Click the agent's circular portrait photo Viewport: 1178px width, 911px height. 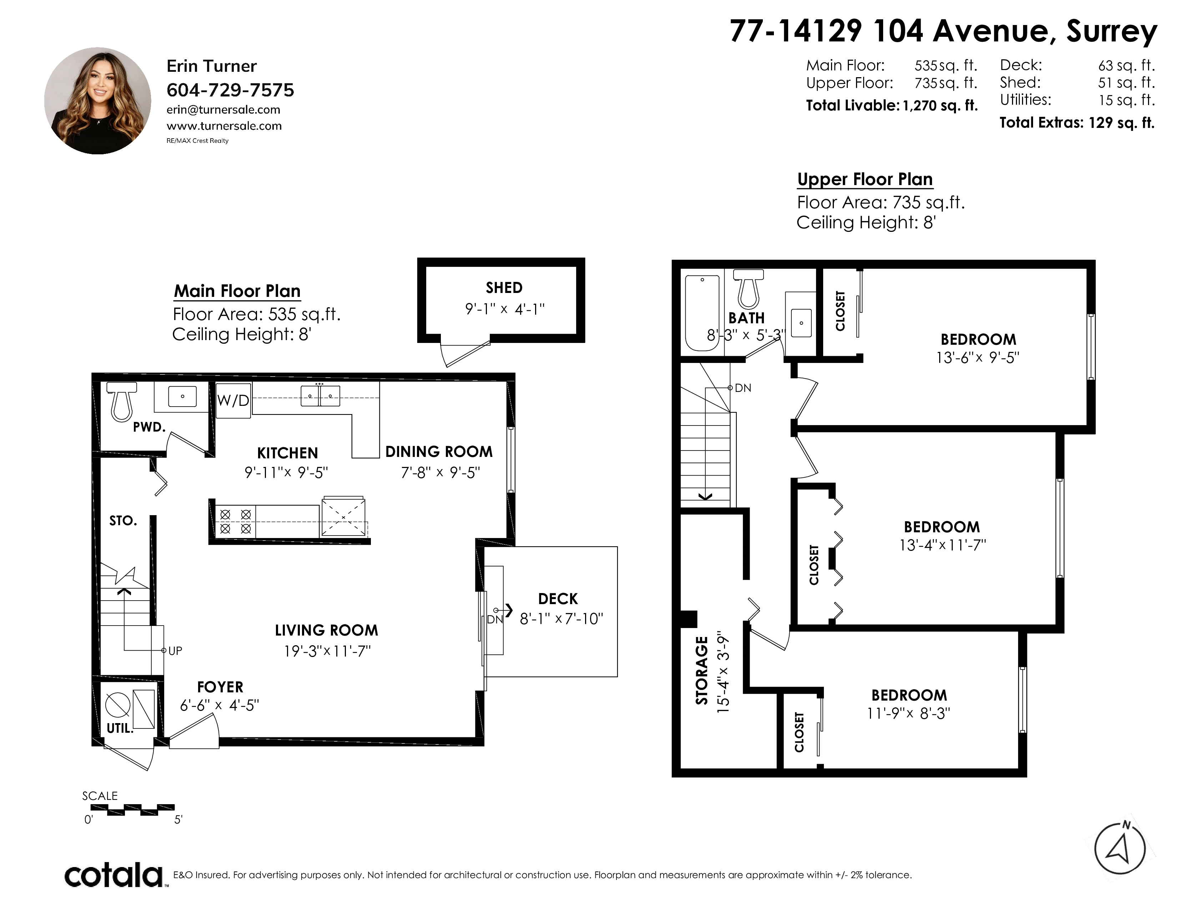pos(97,101)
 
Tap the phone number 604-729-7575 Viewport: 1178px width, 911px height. pos(230,90)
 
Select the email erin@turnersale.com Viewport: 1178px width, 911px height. pos(223,110)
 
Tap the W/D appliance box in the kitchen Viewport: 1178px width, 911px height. pos(233,400)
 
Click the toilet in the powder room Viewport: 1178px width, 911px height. pos(121,401)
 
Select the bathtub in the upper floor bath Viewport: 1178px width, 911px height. pos(702,313)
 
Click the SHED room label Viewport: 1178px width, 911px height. pos(504,288)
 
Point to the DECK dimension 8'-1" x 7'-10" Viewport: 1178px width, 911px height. pos(561,618)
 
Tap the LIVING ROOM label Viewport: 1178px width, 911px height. pos(326,630)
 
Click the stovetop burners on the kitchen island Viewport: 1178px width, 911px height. pos(236,521)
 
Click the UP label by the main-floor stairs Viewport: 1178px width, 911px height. pos(175,651)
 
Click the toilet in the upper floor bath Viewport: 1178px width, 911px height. pos(749,289)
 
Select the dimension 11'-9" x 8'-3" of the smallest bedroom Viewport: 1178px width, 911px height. pos(908,713)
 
